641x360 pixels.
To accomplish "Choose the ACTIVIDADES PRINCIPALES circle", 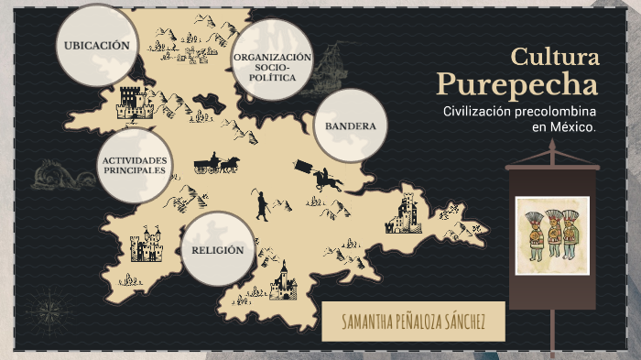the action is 135,166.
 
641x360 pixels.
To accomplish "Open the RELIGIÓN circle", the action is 218,250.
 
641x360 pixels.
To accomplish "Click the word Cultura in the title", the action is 555,57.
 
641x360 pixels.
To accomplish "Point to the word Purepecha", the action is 517,84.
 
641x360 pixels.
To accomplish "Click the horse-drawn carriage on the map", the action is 217,164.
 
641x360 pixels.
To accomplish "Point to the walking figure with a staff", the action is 262,205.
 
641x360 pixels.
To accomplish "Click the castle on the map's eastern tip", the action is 404,213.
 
